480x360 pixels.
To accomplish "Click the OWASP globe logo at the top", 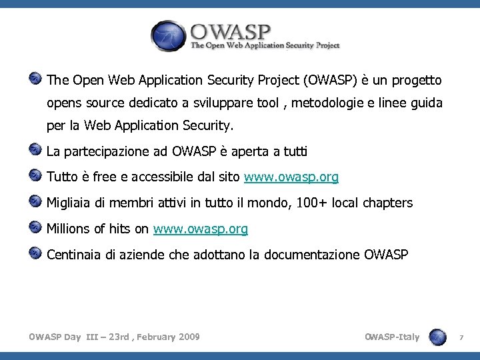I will [168, 35].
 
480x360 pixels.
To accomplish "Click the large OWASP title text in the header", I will [230, 31].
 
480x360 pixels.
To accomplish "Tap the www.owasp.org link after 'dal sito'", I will [291, 177].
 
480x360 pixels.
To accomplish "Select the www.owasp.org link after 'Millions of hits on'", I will [200, 229].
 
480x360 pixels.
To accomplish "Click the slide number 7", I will [461, 338].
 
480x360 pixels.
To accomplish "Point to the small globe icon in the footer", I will [438, 337].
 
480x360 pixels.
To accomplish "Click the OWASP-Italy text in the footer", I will [392, 337].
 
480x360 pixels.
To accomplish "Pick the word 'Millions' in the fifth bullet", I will [69, 229].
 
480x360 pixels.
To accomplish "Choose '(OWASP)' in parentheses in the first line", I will [329, 81].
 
